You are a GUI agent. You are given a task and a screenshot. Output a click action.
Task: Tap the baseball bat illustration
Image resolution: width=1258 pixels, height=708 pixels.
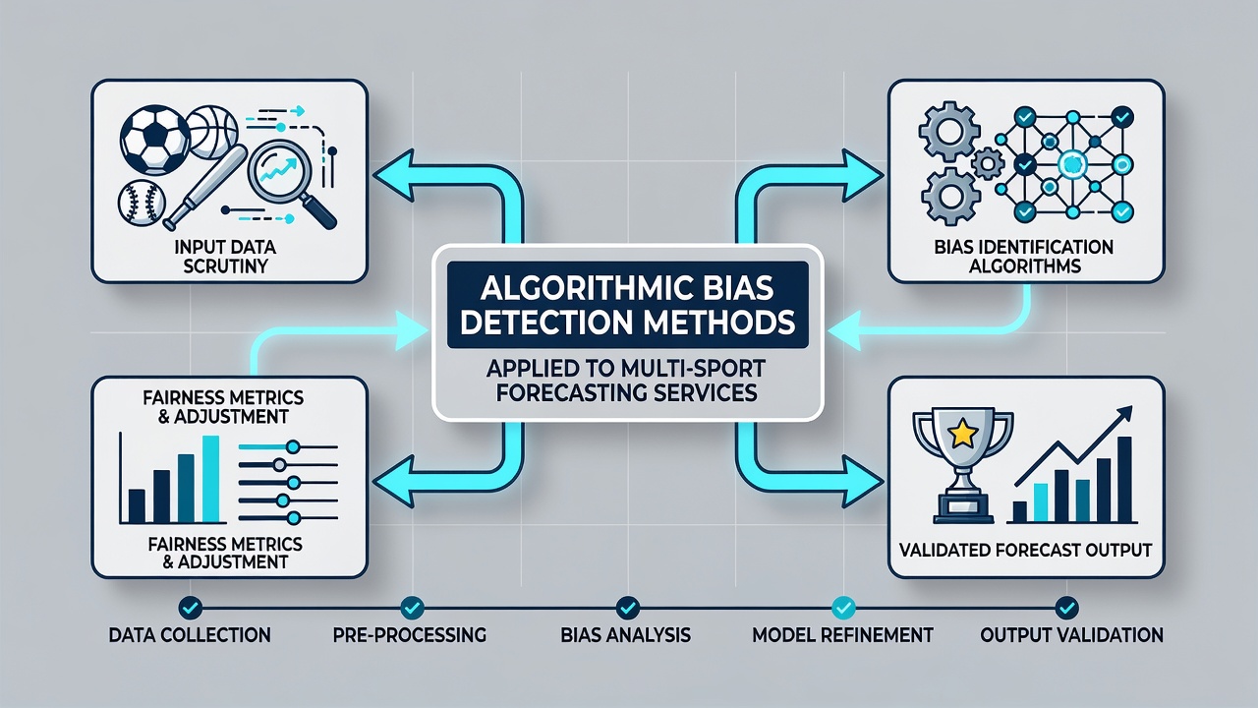pos(205,187)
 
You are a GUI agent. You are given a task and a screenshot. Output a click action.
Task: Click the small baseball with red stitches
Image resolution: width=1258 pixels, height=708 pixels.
pos(142,203)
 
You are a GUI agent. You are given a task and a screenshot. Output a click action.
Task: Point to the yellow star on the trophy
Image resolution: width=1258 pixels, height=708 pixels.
pos(963,433)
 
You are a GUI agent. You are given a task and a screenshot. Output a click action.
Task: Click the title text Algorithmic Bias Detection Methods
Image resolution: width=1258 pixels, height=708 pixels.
pos(627,305)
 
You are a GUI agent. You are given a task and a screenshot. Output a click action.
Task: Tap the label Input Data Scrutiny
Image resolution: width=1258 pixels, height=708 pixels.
pos(225,257)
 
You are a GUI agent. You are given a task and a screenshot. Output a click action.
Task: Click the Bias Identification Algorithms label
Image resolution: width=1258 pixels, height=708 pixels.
pos(1024,257)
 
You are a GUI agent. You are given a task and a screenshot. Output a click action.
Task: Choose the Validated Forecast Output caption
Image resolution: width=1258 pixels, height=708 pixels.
pos(1025,550)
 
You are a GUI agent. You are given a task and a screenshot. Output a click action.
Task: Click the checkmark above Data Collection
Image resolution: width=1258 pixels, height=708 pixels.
pos(191,608)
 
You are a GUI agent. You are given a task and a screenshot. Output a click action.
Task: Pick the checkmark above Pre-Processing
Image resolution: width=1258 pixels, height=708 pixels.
pos(413,608)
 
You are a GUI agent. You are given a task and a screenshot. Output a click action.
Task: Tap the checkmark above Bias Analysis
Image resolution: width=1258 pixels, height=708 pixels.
pos(627,608)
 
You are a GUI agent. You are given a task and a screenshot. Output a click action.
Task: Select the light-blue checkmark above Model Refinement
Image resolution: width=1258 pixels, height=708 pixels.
pos(843,608)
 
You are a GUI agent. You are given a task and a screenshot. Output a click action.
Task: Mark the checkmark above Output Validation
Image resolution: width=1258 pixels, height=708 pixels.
pos(1066,608)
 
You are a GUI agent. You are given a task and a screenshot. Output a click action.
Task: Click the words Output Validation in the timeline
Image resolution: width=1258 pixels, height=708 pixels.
pos(1071,635)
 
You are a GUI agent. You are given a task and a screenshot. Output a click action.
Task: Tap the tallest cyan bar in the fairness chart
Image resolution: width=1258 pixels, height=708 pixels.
pos(210,479)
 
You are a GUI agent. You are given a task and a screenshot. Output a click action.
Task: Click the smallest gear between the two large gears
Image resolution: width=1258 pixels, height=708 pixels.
pos(988,163)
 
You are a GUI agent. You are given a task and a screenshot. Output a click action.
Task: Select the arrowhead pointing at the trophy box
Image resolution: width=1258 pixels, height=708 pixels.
pos(863,482)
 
